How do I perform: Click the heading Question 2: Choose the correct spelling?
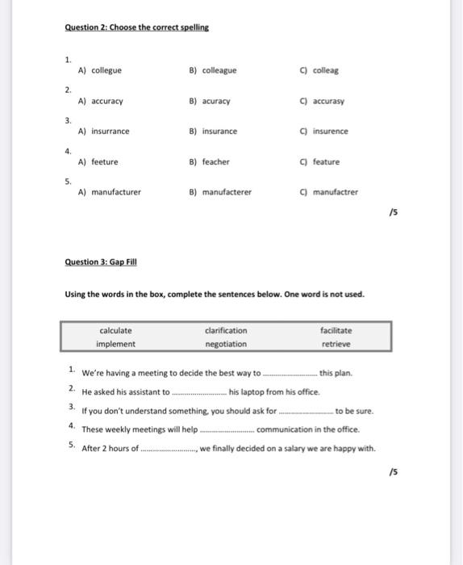click(x=136, y=27)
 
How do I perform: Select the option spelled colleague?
click(x=212, y=70)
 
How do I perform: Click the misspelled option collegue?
click(x=100, y=70)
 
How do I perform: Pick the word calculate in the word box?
click(x=115, y=330)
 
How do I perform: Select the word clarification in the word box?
click(x=226, y=330)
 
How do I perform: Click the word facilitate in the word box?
click(x=336, y=330)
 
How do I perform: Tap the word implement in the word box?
click(x=115, y=344)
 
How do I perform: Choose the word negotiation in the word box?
click(x=226, y=344)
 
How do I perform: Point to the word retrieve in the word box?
click(x=336, y=344)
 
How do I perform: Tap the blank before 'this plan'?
click(x=290, y=375)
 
